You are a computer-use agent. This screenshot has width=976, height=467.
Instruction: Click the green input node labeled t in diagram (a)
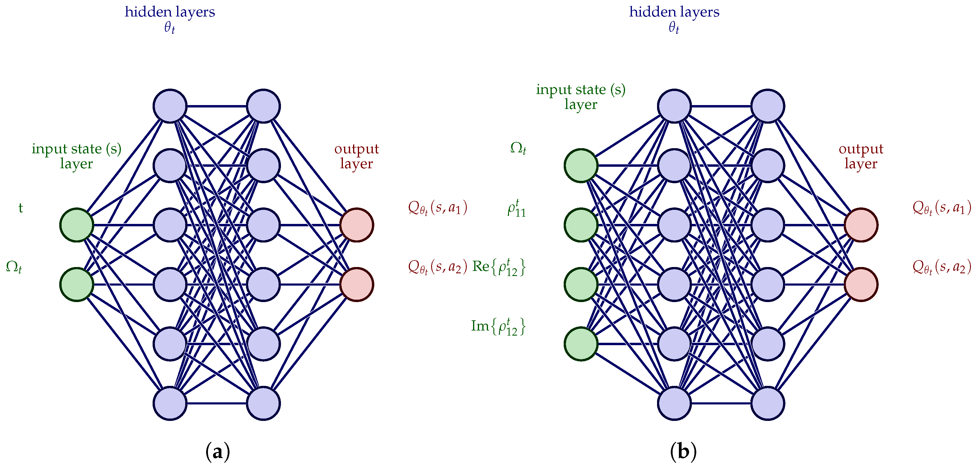(77, 225)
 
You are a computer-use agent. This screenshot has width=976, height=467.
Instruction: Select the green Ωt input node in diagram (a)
(77, 284)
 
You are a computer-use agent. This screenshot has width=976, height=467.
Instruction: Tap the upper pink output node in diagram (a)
(357, 225)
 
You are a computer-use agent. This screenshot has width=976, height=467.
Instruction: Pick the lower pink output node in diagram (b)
(861, 284)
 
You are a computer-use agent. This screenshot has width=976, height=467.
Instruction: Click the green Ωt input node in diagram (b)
(581, 165)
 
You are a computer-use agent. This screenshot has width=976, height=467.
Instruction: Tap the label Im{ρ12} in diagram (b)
(498, 326)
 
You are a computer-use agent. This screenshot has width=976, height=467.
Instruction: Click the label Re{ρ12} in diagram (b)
(498, 267)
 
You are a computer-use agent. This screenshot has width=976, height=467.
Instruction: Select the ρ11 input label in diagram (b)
(517, 208)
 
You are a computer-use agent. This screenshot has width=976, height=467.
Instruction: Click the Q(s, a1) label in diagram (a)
(437, 208)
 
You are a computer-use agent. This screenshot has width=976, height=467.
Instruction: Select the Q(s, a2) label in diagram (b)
(942, 267)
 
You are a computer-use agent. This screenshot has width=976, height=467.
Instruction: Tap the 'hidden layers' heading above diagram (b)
(674, 12)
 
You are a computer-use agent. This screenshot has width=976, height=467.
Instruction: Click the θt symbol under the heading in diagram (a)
(169, 28)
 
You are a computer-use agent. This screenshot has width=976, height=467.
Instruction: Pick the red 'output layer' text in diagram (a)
(356, 156)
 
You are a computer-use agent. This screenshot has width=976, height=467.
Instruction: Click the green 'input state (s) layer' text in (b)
(580, 96)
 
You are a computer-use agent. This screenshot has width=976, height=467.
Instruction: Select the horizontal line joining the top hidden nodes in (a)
(217, 106)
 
